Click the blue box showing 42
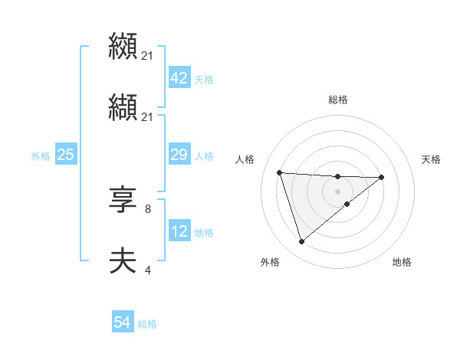click(179, 78)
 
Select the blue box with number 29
click(179, 155)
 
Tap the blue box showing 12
click(179, 232)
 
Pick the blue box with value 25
click(65, 155)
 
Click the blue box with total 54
click(123, 323)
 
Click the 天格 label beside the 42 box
click(204, 79)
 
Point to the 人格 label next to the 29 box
click(204, 156)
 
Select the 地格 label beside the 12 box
click(204, 233)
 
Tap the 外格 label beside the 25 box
click(41, 156)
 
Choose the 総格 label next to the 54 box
click(147, 324)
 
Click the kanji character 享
click(123, 201)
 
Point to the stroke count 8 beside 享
click(147, 208)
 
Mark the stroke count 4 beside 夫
click(147, 270)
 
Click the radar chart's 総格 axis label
click(338, 100)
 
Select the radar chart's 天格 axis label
click(432, 159)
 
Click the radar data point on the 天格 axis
click(382, 177)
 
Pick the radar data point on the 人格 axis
click(280, 172)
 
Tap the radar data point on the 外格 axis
click(302, 241)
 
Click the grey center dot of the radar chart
click(338, 191)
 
